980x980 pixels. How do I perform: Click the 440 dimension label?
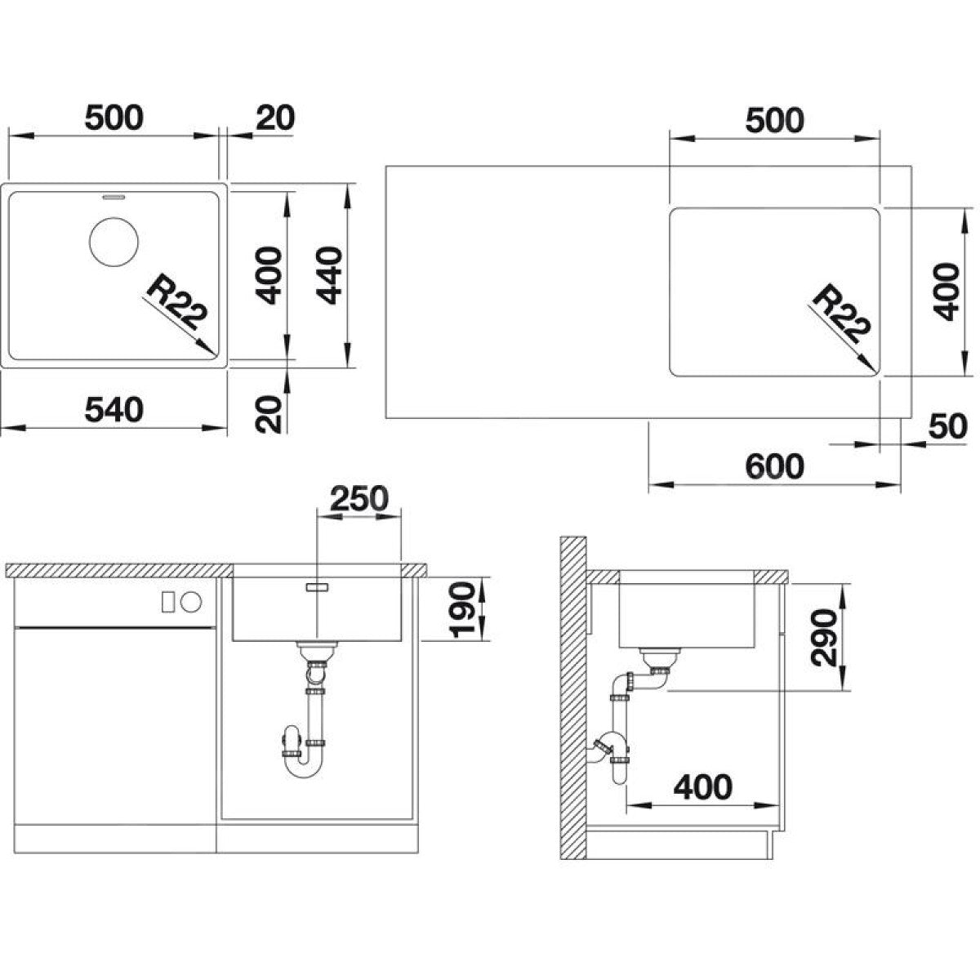328,275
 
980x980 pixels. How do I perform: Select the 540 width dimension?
114,410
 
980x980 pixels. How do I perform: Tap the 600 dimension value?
774,465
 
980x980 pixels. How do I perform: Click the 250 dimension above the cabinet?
359,498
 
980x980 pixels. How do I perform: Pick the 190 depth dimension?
463,609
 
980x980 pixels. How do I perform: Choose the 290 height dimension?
824,637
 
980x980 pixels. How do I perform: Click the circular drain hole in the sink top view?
114,241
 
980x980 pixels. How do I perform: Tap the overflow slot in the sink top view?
114,196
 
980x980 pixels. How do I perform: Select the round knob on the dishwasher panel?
192,602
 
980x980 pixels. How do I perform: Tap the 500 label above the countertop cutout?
774,121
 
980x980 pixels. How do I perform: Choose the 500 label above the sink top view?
114,118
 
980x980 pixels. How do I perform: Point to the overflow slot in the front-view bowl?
317,587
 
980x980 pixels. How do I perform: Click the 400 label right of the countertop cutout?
947,292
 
